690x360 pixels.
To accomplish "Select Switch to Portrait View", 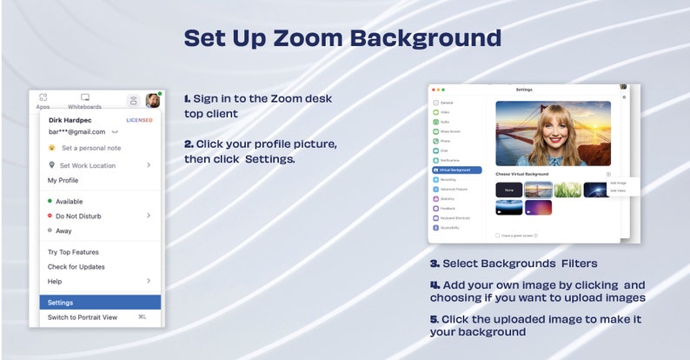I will (x=83, y=317).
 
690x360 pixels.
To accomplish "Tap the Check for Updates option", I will (x=76, y=266).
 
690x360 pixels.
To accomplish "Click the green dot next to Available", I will (x=50, y=201).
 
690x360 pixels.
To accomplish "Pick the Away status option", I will (x=64, y=230).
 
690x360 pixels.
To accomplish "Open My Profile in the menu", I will (x=63, y=180).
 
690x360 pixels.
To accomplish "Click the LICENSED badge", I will (x=139, y=120).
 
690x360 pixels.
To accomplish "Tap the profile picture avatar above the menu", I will (x=153, y=99).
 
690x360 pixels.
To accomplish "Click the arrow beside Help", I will (x=149, y=281).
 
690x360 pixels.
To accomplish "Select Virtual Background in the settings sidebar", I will (x=456, y=170).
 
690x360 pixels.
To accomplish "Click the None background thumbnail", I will (x=508, y=190).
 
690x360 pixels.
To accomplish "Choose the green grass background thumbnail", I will (x=567, y=190).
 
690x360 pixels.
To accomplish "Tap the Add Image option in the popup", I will (x=618, y=183).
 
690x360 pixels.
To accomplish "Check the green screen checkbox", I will (x=496, y=235).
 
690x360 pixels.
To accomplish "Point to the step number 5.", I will (x=434, y=319).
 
